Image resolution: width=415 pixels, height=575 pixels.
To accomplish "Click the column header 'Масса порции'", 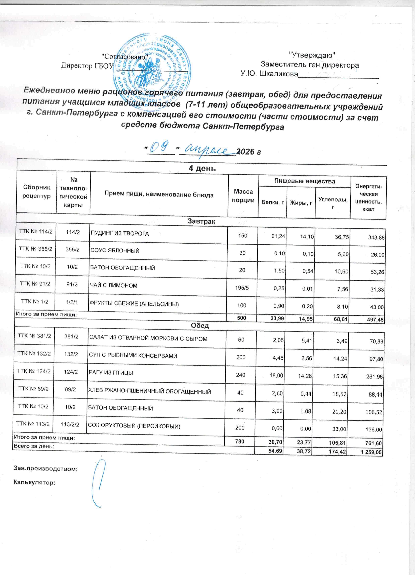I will click(243, 196).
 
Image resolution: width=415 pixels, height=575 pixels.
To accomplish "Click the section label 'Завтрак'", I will click(201, 221).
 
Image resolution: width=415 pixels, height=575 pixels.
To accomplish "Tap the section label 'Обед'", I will click(200, 325).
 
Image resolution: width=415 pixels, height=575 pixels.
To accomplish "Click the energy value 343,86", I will click(376, 238).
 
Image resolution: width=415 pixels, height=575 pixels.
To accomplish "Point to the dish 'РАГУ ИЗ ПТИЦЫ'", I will click(111, 373).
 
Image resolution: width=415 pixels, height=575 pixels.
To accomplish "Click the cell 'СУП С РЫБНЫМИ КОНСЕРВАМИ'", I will click(133, 356).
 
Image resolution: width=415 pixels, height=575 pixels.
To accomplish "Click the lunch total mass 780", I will click(240, 441).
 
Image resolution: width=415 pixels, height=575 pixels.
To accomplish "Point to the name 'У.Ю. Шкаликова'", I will click(269, 74).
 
